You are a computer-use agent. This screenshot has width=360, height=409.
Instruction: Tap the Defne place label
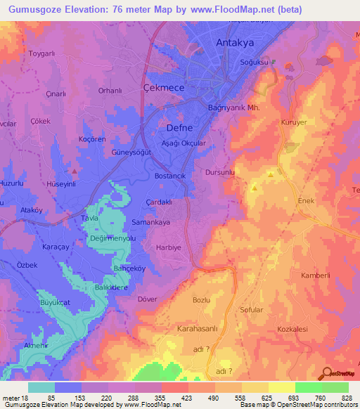click(x=178, y=128)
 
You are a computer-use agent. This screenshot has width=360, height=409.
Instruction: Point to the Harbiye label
click(x=169, y=247)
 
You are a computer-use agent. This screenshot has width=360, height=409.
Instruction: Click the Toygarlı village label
click(x=40, y=53)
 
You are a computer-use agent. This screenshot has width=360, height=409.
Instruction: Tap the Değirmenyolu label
click(x=112, y=239)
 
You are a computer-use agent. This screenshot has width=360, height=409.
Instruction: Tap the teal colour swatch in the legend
click(x=41, y=387)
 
